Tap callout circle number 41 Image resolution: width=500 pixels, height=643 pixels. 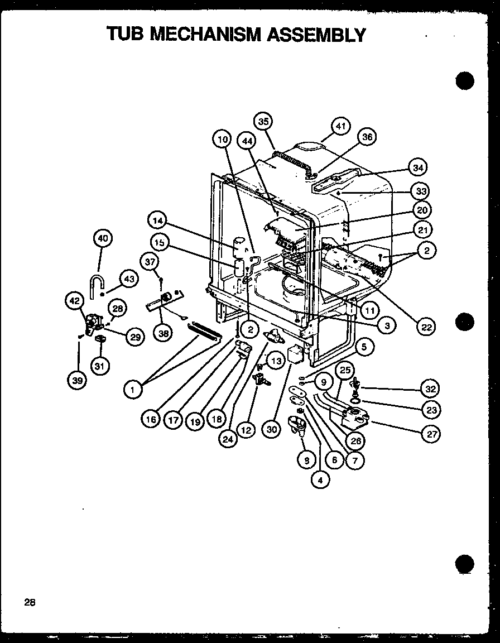pyautogui.click(x=341, y=127)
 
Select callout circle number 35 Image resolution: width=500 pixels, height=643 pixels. pyautogui.click(x=263, y=121)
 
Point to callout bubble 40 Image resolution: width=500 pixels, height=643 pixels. pyautogui.click(x=102, y=239)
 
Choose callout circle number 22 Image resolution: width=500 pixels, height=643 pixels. pyautogui.click(x=426, y=327)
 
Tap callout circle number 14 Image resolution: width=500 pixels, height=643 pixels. pyautogui.click(x=158, y=221)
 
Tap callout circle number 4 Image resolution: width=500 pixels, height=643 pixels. pyautogui.click(x=321, y=478)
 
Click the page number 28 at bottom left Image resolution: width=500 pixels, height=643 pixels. pyautogui.click(x=30, y=602)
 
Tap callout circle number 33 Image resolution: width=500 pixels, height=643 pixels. pyautogui.click(x=420, y=191)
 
